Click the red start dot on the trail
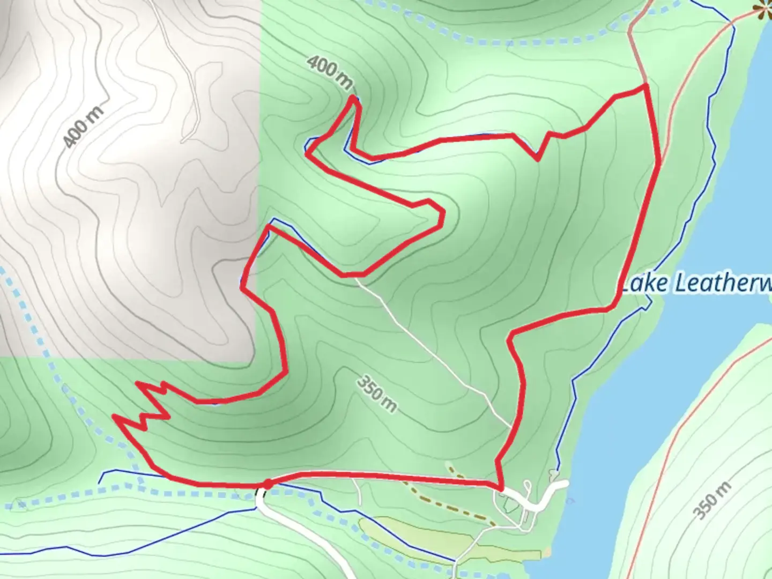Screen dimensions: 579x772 pos(267,485)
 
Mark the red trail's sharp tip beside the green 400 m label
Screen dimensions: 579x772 pos(353,98)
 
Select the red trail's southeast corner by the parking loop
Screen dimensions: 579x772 pos(501,488)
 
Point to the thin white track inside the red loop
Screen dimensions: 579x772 pos(429,343)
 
